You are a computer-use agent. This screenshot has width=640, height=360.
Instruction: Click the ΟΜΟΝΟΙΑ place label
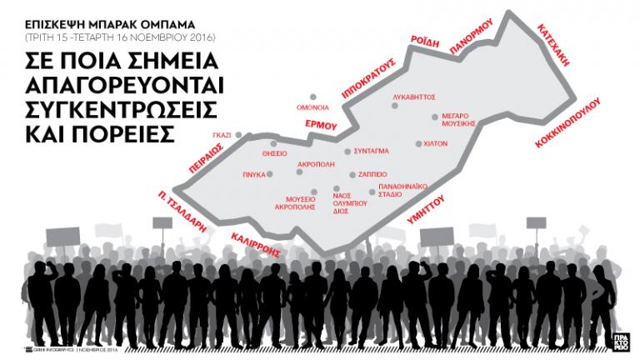pyautogui.click(x=313, y=107)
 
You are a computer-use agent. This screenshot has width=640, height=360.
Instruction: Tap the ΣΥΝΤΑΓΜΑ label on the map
pyautogui.click(x=372, y=152)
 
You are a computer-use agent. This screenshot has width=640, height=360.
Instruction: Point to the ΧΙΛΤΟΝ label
pyautogui.click(x=436, y=143)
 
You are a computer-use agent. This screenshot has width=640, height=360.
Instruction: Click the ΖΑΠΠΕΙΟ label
pyautogui.click(x=372, y=175)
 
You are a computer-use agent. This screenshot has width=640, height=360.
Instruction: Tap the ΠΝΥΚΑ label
pyautogui.click(x=254, y=175)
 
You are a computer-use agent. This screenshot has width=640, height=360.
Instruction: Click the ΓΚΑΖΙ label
pyautogui.click(x=222, y=134)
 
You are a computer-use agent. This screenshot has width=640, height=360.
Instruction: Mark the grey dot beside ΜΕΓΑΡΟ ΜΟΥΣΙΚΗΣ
pyautogui.click(x=434, y=117)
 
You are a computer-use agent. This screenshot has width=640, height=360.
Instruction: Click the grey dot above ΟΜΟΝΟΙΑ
pyautogui.click(x=313, y=97)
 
